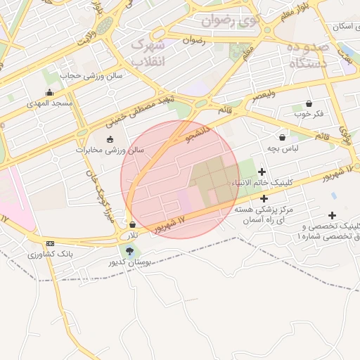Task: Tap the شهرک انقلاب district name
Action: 148,53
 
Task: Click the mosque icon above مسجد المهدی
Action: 49,93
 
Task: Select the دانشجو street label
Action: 198,132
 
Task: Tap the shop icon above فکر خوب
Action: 309,103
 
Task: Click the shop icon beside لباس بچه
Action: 283,138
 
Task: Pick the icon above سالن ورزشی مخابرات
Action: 109,139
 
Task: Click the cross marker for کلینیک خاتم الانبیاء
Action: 262,172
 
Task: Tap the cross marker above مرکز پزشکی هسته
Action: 264,198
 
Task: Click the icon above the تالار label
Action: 132,225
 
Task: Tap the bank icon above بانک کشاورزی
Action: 49,243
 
